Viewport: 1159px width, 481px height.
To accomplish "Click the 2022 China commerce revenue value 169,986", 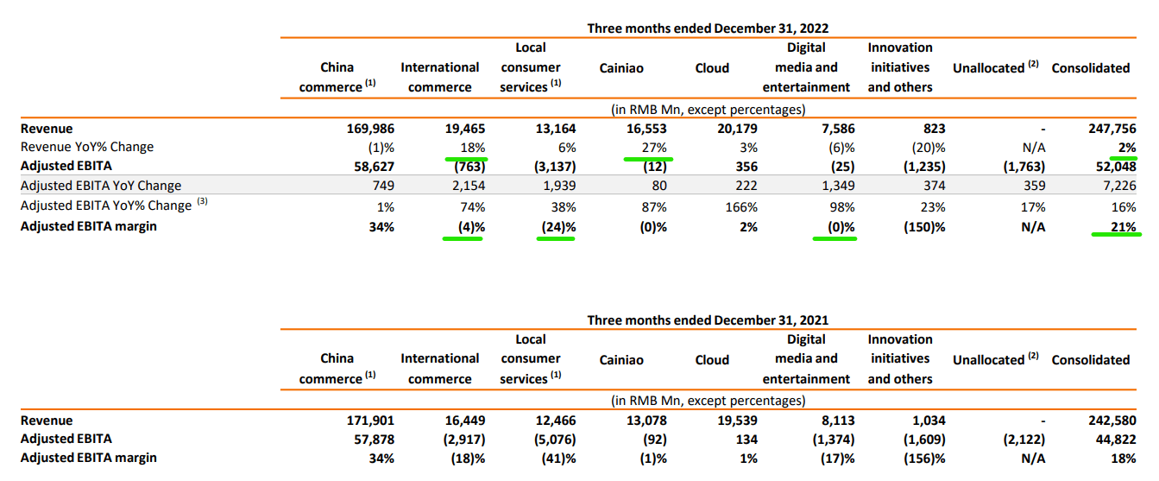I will click(368, 129).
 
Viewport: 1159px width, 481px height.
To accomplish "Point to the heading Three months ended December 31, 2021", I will click(708, 320).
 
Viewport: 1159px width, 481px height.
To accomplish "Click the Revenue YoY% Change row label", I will click(87, 148).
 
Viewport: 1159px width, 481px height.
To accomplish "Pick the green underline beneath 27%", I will click(648, 159).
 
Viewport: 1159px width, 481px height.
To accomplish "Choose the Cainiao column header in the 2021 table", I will click(621, 360).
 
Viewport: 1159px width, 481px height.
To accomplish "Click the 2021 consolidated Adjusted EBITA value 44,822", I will click(1107, 440).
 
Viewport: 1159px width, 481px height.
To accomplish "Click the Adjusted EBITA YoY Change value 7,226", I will click(1112, 186).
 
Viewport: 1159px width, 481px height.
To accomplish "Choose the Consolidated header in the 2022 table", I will click(1090, 68).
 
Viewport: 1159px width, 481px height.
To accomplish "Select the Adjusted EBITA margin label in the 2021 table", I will click(89, 459).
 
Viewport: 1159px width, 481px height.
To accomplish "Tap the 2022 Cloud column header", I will click(712, 68).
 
